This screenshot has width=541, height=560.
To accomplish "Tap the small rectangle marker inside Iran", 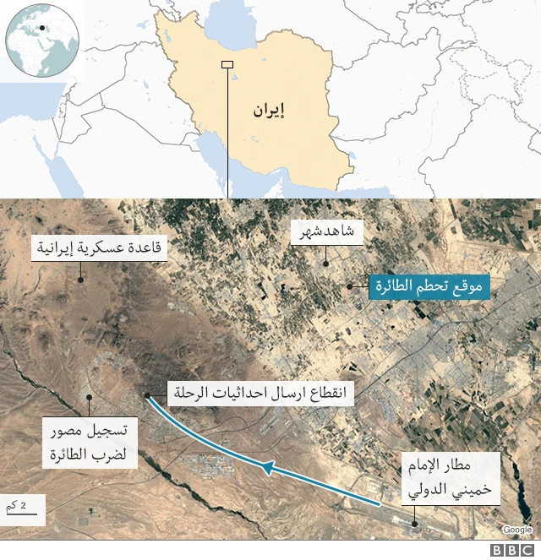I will pos(227,65).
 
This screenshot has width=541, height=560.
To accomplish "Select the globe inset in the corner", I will pos(41,41).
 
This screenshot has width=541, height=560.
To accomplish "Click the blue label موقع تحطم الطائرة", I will pos(429,287).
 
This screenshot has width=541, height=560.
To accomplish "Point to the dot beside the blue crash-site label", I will pos(349,287).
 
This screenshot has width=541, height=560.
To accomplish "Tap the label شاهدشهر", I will pos(325,233).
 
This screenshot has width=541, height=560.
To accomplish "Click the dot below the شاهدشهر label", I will pos(326,264).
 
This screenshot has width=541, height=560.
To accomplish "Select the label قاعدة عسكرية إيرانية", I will pos(100,248).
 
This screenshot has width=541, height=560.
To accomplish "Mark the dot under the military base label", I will pos(81,280).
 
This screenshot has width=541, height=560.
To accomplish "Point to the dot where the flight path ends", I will pos(148,394).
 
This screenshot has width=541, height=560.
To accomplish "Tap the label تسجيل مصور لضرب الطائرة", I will pos(86,443).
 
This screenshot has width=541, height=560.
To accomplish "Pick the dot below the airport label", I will pos(414,523).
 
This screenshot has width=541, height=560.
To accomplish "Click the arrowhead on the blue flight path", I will pos(267,466).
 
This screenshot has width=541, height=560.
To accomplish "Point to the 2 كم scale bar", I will pos(24,508).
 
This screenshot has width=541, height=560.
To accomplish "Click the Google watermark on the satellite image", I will pos(516,530).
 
